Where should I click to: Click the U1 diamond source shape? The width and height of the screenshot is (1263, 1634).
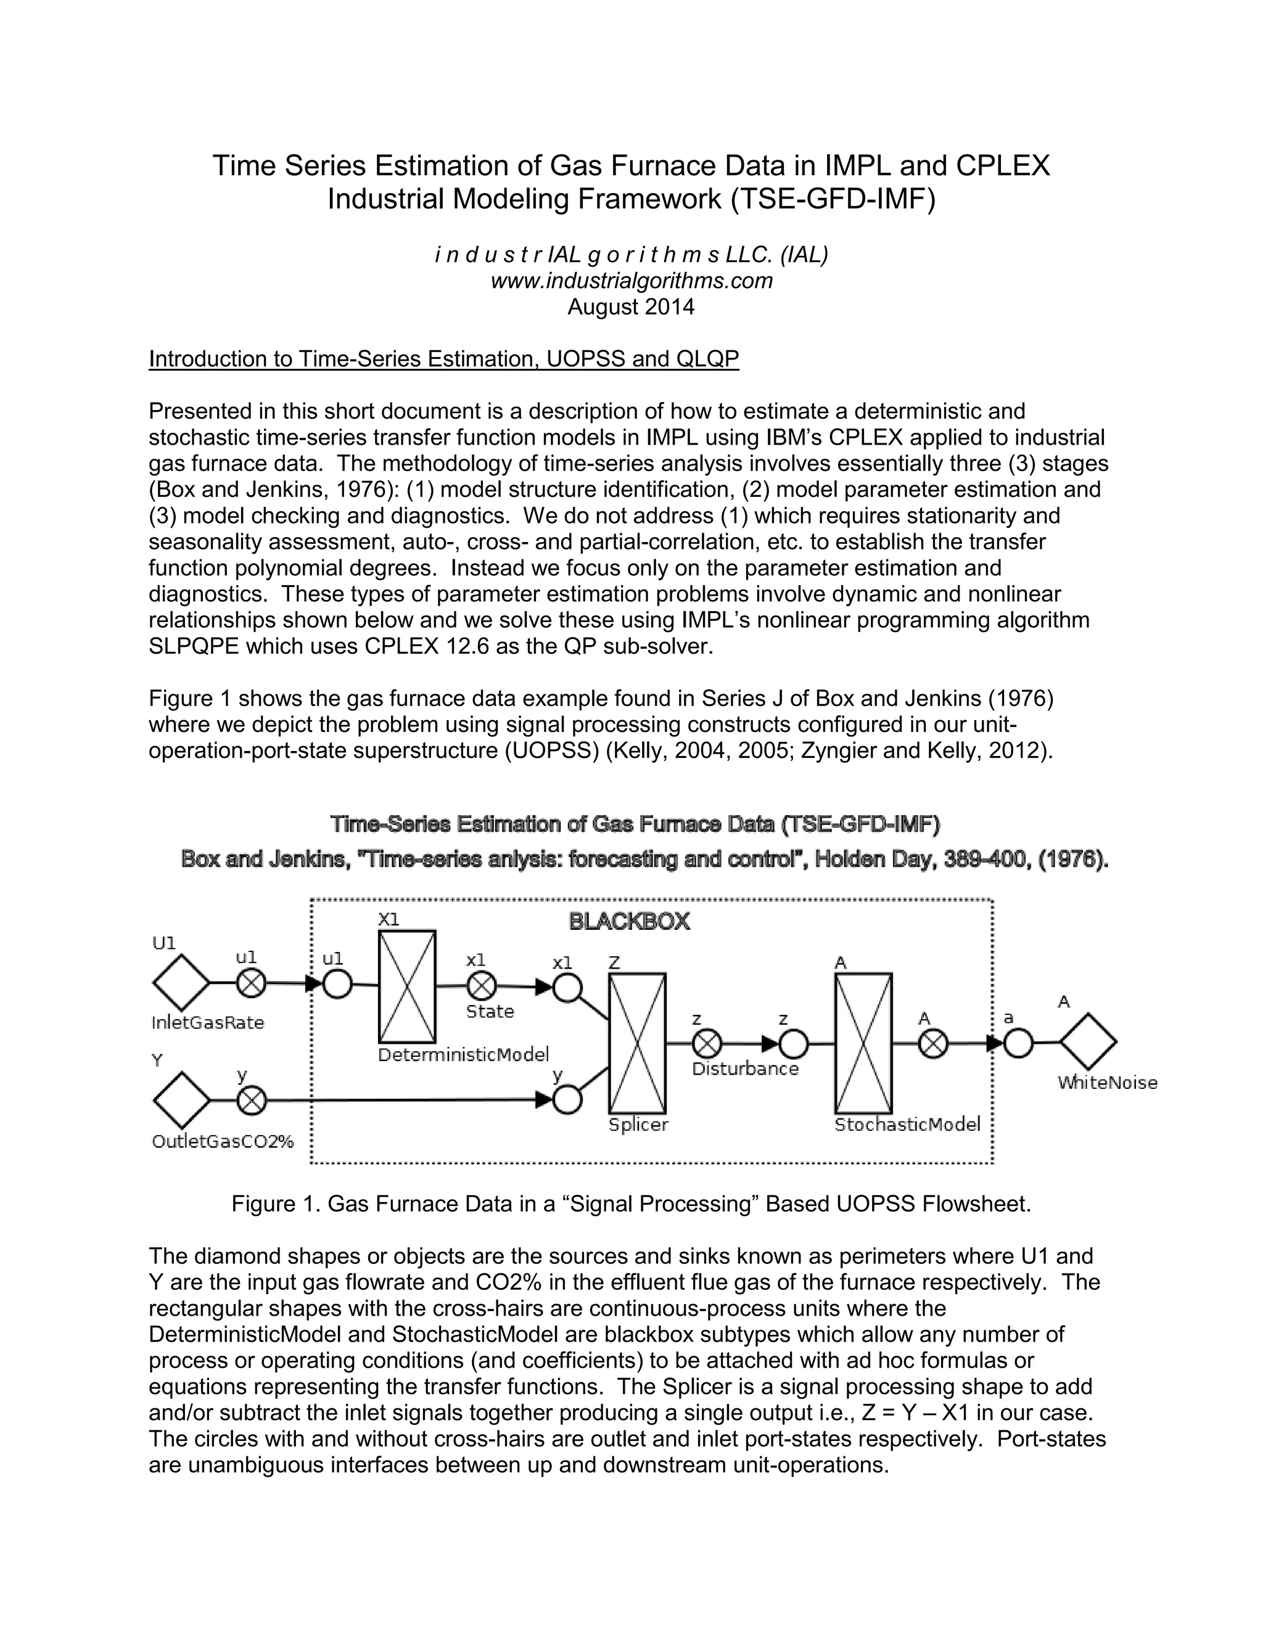tap(181, 982)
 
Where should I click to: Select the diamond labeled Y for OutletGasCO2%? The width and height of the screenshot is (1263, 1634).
tap(181, 1100)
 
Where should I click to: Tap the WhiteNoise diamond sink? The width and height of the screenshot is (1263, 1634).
tap(1088, 1042)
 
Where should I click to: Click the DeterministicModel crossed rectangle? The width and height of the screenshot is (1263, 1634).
tap(407, 987)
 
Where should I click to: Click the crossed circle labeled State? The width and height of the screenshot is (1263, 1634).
tap(481, 986)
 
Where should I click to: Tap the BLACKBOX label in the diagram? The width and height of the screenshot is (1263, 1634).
tap(629, 922)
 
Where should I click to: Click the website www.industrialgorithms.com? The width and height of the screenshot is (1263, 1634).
tap(631, 281)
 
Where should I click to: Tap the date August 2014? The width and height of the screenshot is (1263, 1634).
tap(631, 306)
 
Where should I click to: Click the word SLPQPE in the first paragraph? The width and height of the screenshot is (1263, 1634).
tap(194, 646)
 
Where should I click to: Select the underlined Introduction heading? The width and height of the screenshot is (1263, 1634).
tap(443, 359)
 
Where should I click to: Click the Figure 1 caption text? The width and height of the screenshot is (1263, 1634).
tap(631, 1204)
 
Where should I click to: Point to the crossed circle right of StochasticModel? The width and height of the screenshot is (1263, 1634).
tap(932, 1044)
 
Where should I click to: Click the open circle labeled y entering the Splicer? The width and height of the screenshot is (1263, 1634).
tap(567, 1100)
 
